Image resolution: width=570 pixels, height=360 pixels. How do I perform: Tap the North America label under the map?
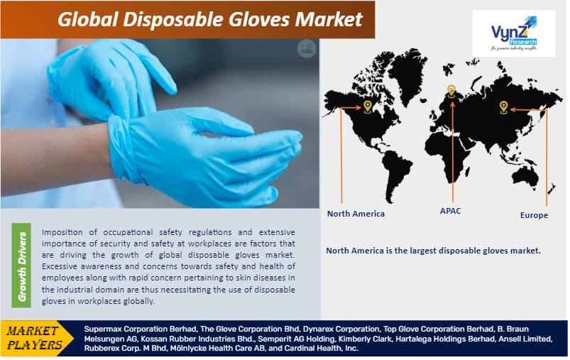356,213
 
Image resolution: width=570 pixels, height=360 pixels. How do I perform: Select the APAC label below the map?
450,211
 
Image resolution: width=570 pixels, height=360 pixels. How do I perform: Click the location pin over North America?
367,107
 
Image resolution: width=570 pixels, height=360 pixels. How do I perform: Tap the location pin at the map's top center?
451,91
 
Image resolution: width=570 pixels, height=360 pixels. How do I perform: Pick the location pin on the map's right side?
503,107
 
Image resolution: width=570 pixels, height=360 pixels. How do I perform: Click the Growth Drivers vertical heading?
22,266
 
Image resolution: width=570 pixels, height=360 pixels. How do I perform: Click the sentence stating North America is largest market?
433,250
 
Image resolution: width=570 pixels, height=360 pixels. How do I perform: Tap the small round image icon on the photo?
306,48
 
